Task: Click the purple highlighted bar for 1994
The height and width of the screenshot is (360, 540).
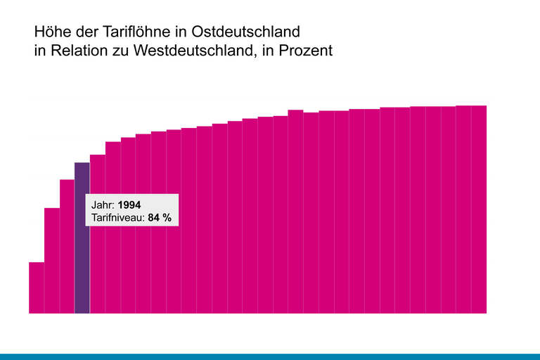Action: [82, 267]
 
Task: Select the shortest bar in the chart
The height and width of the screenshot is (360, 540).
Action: [37, 288]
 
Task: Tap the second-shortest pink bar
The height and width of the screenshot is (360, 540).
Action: [52, 260]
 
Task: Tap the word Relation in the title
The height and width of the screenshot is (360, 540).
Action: [75, 51]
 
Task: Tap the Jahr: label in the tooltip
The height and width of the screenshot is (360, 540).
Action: [103, 205]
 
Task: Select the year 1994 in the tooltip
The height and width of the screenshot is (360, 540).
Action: [129, 205]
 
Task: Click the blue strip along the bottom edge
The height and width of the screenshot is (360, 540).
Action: [270, 356]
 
